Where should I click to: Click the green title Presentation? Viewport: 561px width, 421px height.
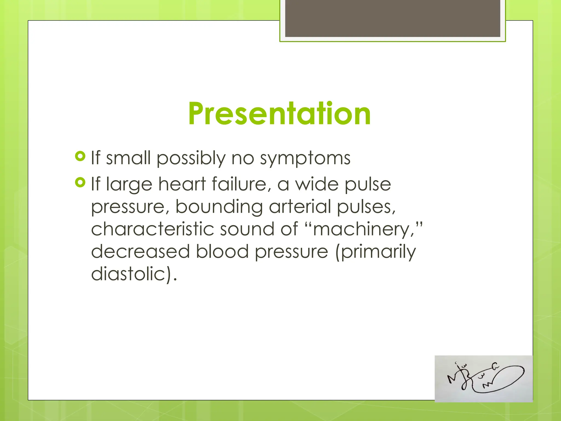[x=279, y=113]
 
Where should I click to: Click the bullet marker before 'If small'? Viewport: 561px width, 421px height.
[x=80, y=157]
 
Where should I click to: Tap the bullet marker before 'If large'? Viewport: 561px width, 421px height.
[x=80, y=182]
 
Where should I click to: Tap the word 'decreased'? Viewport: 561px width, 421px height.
[x=140, y=251]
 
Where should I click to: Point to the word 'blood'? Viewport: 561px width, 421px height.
[x=222, y=251]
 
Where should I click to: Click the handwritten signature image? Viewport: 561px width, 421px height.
[x=483, y=379]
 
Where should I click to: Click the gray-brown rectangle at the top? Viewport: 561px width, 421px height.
[x=393, y=18]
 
